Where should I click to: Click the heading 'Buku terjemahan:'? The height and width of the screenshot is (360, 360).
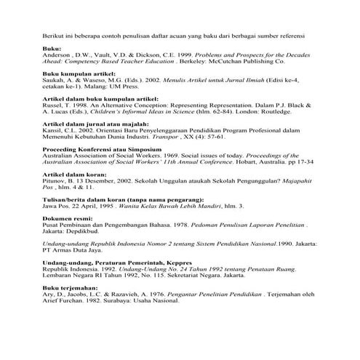69,308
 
